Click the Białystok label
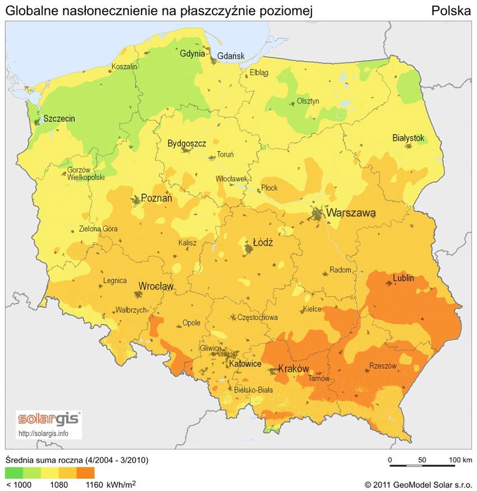(408, 138)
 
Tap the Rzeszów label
(383, 365)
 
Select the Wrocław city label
(156, 286)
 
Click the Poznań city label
(157, 198)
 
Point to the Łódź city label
(263, 243)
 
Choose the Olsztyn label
(308, 101)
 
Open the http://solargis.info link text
(44, 433)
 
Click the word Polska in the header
(451, 11)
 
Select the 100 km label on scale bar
(460, 460)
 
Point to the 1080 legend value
(59, 483)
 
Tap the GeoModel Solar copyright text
(418, 484)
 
